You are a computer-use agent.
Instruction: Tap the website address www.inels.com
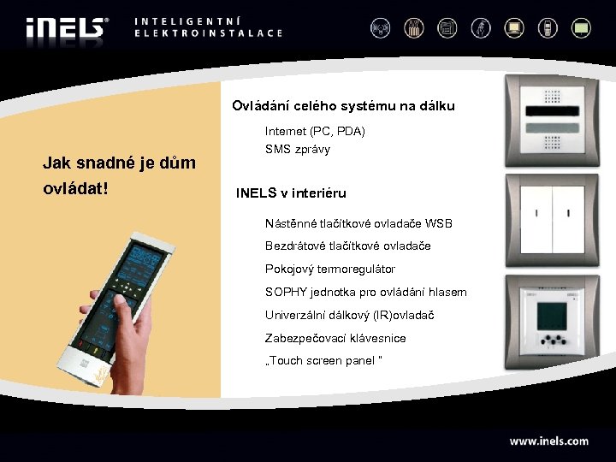[x=548, y=441]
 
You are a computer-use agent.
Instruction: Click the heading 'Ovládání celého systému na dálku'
[x=343, y=107]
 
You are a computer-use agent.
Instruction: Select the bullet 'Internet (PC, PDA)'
[x=315, y=131]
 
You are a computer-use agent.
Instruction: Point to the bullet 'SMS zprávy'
[x=297, y=149]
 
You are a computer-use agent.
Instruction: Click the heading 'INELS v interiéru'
[x=291, y=193]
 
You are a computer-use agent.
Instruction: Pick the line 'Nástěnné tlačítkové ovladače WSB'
[x=358, y=223]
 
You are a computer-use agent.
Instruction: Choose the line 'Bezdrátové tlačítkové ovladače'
[x=347, y=246]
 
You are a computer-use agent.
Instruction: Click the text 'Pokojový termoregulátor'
[x=329, y=269]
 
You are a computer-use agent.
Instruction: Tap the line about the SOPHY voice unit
[x=365, y=293]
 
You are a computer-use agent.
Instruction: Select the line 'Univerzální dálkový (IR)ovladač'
[x=349, y=316]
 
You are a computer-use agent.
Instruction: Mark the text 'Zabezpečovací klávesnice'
[x=335, y=339]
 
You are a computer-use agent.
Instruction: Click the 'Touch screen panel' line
[x=324, y=361]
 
